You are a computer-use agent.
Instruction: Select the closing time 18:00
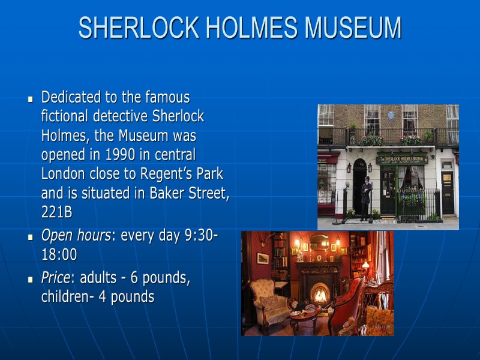pos(59,255)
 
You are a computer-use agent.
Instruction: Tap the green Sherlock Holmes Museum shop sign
pos(402,160)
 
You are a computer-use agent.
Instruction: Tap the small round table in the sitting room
pos(304,315)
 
